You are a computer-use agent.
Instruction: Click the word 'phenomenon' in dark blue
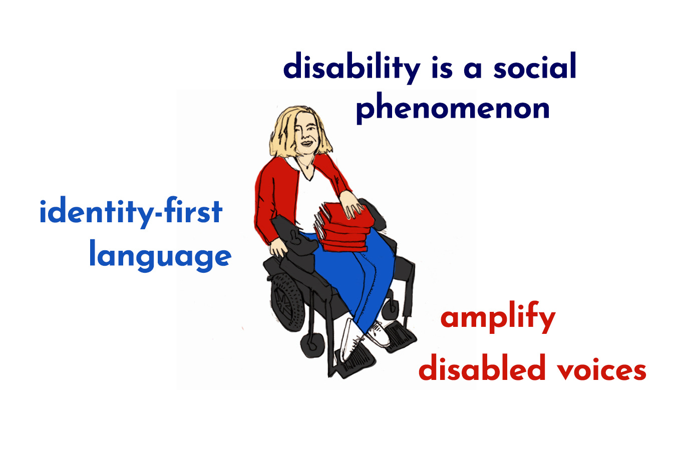pyautogui.click(x=453, y=108)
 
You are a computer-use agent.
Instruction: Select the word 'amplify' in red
pyautogui.click(x=498, y=318)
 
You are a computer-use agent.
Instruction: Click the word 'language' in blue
pyautogui.click(x=160, y=256)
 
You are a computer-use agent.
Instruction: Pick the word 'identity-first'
pyautogui.click(x=130, y=212)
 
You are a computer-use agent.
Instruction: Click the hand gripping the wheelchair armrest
pyautogui.click(x=278, y=248)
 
